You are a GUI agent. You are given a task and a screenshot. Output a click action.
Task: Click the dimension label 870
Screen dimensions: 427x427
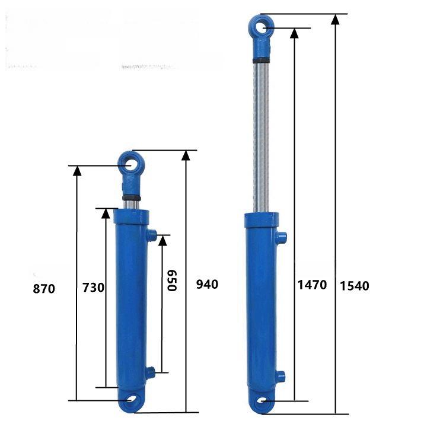click(x=44, y=289)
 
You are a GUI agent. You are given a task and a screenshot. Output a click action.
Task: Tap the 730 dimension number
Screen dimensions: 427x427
click(x=94, y=288)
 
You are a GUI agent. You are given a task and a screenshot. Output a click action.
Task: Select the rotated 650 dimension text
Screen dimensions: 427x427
click(x=172, y=281)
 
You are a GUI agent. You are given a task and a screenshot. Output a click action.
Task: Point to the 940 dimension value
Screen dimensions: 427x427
click(x=207, y=284)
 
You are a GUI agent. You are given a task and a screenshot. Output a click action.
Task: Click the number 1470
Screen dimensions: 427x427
click(x=312, y=285)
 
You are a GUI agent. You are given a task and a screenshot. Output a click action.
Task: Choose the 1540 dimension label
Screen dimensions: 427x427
click(x=355, y=286)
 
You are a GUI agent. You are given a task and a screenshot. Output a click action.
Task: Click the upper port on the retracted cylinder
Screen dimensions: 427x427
click(x=151, y=235)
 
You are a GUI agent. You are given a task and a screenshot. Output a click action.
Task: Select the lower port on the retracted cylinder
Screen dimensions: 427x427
click(x=150, y=372)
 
